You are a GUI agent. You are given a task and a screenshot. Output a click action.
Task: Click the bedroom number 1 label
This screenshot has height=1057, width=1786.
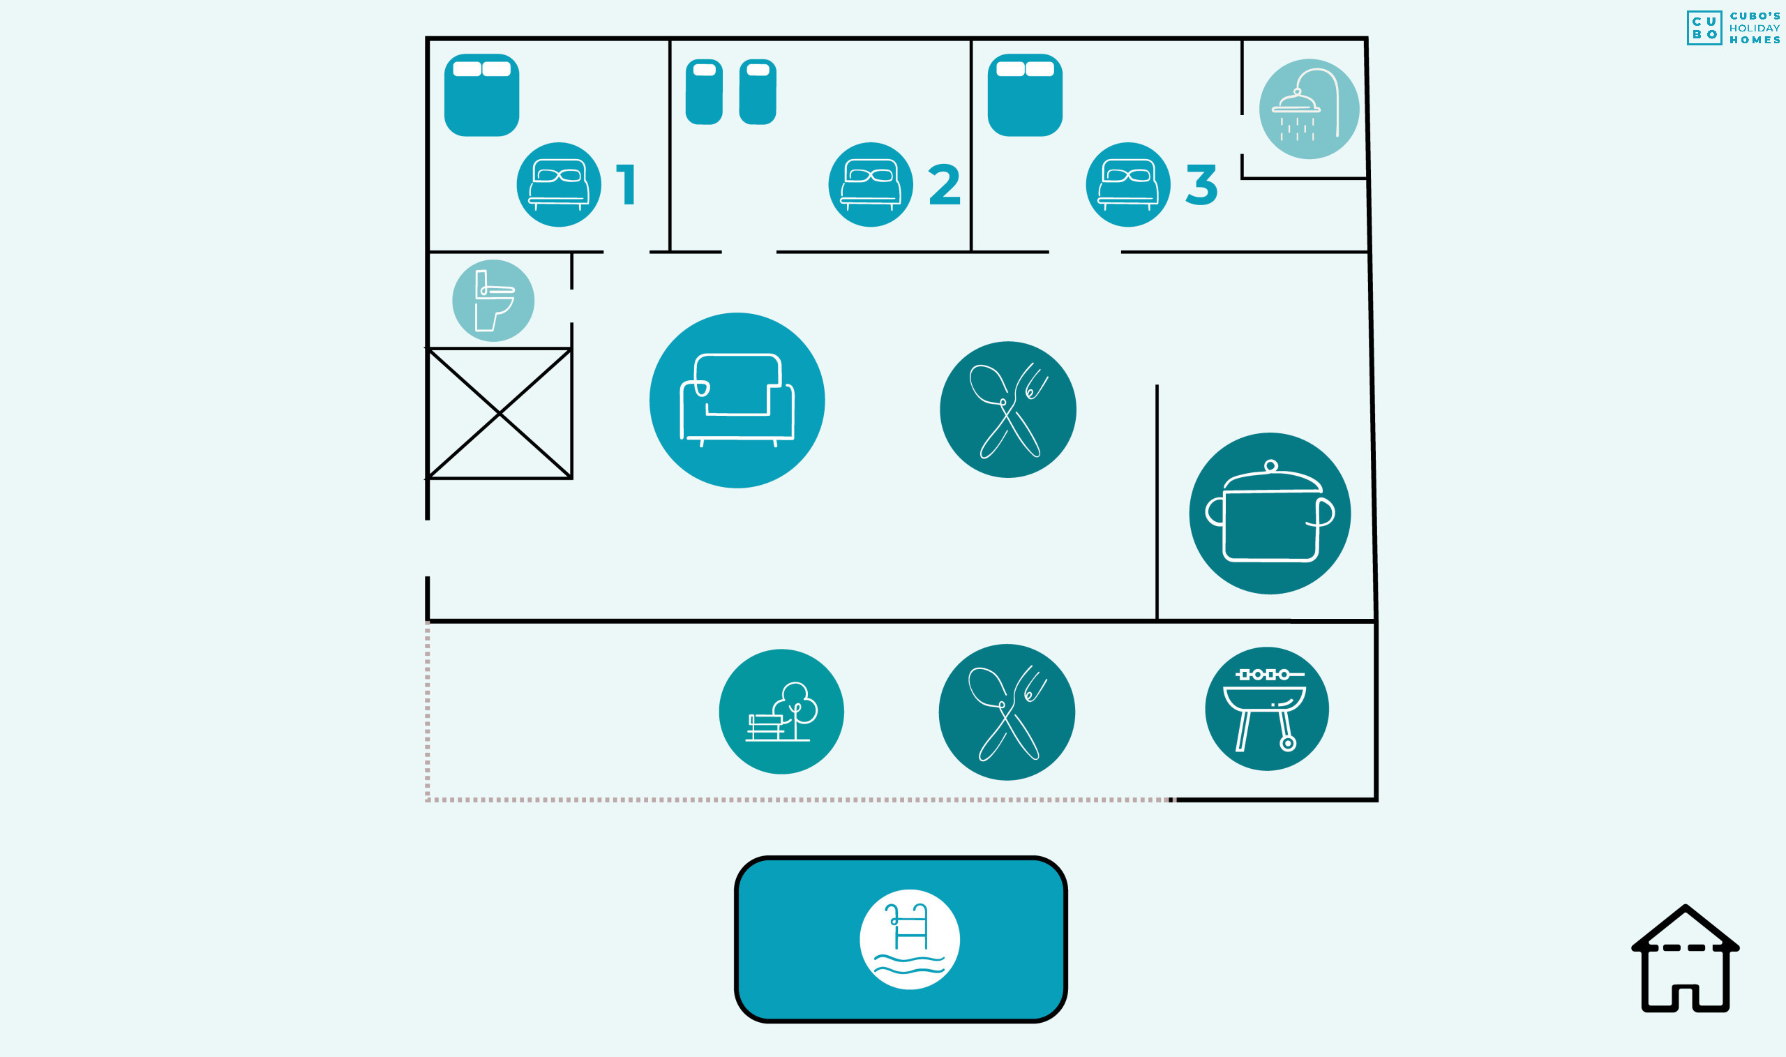coord(626,184)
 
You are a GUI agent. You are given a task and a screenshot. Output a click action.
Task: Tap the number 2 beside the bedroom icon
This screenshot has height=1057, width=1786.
coord(944,184)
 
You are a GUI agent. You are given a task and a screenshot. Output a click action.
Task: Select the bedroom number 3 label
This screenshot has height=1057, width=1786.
coord(1201,184)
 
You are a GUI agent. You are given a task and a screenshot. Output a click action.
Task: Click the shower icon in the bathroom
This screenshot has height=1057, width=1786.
coord(1309,109)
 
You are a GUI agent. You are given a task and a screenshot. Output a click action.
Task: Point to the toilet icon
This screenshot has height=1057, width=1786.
coord(493,301)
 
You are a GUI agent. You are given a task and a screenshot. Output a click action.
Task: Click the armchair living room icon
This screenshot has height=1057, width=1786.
coord(737,400)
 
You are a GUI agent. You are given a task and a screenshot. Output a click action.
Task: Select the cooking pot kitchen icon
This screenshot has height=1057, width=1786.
coord(1270,513)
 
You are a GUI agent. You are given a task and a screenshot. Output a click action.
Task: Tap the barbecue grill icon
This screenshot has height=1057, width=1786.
coord(1267,709)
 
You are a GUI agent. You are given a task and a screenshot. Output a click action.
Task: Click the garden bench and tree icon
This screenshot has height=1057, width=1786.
coord(781,712)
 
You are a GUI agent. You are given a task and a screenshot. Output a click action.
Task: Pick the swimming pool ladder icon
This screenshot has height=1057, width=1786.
coord(909,940)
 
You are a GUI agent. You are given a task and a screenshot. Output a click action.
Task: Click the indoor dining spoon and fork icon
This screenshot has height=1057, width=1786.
coord(1007,410)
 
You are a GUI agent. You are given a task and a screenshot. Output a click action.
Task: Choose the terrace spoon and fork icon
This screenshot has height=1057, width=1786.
coord(1007,712)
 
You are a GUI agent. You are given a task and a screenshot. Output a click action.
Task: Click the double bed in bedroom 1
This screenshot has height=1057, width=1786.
coord(481,95)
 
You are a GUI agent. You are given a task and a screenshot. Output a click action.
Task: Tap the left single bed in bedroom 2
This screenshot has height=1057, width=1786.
coord(703,92)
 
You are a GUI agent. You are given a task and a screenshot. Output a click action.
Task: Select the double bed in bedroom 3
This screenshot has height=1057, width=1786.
coord(1025,95)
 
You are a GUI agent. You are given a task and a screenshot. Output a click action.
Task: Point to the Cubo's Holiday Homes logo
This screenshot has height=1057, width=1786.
coord(1732,28)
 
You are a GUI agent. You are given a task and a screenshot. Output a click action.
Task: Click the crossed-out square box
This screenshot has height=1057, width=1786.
coord(500,413)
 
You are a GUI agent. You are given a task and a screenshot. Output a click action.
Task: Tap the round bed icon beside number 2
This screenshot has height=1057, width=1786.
coord(870,184)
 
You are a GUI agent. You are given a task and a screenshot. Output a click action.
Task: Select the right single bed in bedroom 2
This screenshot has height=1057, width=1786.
coord(757,92)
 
